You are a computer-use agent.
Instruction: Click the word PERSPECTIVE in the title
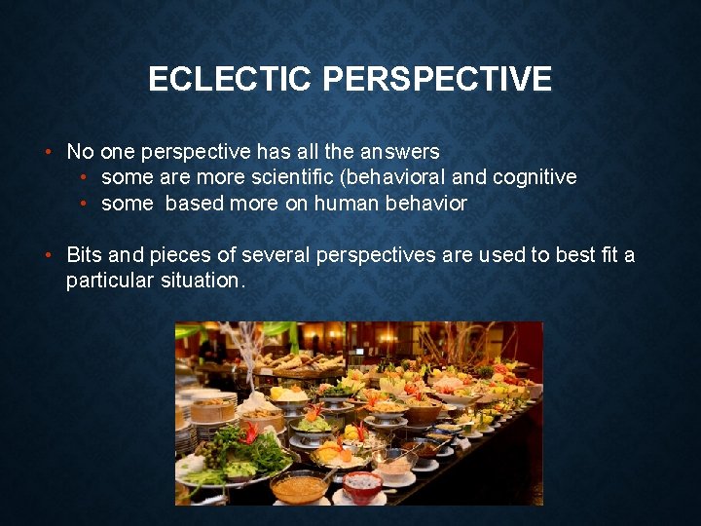[436, 79]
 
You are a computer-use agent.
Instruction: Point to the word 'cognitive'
[535, 177]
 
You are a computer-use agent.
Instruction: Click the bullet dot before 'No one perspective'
[48, 152]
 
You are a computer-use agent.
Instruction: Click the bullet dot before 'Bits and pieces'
[48, 255]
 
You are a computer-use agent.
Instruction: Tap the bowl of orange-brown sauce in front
[299, 485]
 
